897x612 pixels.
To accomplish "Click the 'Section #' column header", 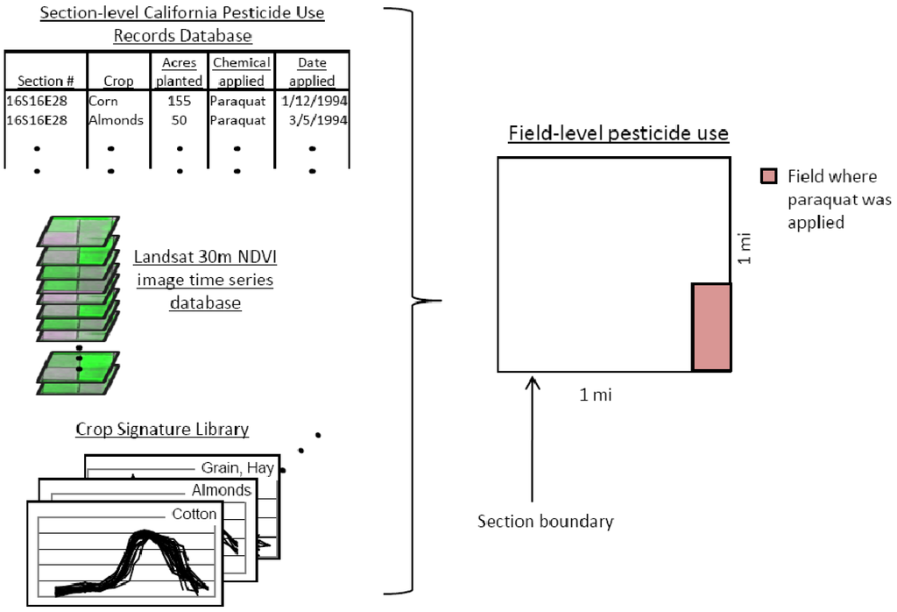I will (x=44, y=81).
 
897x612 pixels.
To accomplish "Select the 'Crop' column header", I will (x=118, y=81).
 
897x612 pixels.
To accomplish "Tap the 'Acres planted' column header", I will (x=180, y=72).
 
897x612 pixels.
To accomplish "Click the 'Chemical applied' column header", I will (x=241, y=72).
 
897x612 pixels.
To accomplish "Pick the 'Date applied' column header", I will (x=312, y=72).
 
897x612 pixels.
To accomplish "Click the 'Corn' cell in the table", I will (x=102, y=101).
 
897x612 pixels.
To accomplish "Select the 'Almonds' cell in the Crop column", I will (x=116, y=120).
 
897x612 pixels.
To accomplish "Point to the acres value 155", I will (x=180, y=101).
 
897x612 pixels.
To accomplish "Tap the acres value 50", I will (x=180, y=120).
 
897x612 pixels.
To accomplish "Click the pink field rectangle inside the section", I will (x=711, y=327).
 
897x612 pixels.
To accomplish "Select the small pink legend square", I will (x=768, y=177).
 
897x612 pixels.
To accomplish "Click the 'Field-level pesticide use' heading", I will (x=619, y=134).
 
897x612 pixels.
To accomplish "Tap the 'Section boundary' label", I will (x=545, y=522).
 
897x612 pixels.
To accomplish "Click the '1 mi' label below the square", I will (x=596, y=395).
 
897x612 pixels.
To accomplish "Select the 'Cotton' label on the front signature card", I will (x=194, y=514).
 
